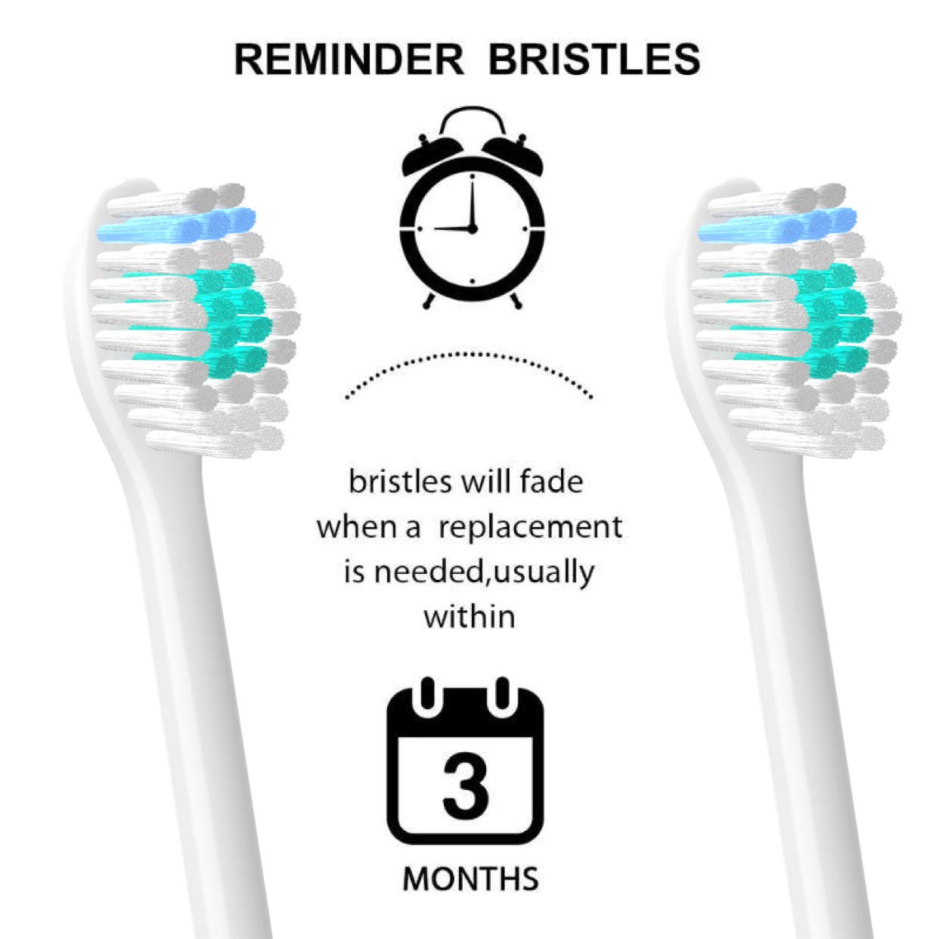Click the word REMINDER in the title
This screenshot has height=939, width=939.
pyautogui.click(x=349, y=60)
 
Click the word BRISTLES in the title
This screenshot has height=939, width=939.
pyautogui.click(x=594, y=60)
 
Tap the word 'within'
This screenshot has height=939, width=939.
pyautogui.click(x=469, y=616)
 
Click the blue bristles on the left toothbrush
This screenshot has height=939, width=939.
pyautogui.click(x=176, y=225)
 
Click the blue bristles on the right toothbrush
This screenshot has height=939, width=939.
pyautogui.click(x=777, y=225)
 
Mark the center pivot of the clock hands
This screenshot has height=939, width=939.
pyautogui.click(x=471, y=228)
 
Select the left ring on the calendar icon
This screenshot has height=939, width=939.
pyautogui.click(x=427, y=693)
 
